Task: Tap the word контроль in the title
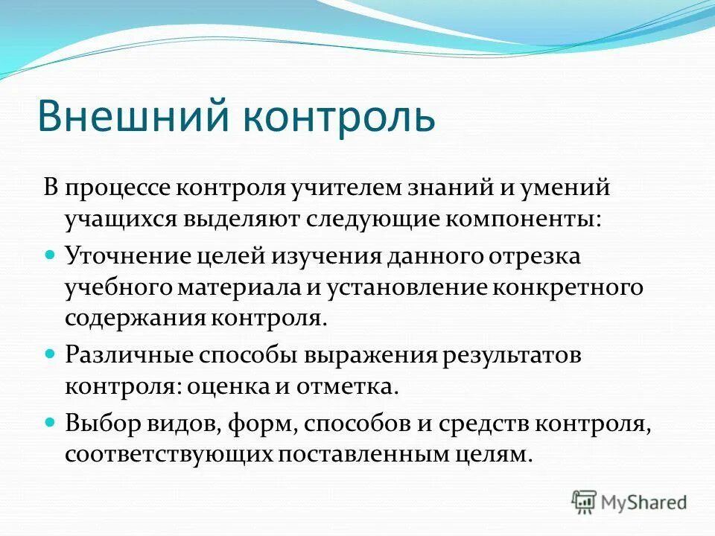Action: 342,115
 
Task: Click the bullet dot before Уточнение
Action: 51,254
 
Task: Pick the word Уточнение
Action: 128,257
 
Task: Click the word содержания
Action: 137,319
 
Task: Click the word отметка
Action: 354,386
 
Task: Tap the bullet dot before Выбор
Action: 51,421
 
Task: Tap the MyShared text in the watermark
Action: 645,502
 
